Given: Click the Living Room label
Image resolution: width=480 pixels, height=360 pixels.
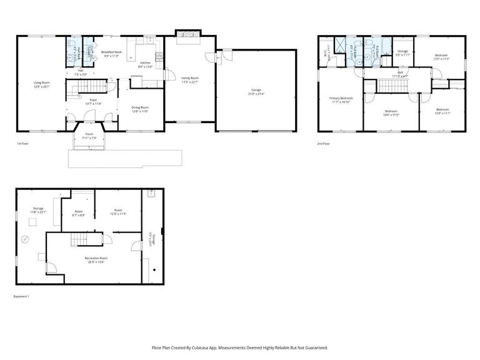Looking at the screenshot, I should point(42,84).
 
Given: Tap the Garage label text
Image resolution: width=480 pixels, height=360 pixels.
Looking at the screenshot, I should point(257,92).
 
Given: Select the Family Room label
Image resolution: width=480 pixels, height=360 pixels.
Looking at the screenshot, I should point(189,79).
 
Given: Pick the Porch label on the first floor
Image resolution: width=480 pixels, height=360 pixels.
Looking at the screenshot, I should point(89,136).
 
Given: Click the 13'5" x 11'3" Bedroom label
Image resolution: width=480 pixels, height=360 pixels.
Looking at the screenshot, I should point(441,57).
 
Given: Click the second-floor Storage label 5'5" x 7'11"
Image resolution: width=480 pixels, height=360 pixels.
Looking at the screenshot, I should point(403,52).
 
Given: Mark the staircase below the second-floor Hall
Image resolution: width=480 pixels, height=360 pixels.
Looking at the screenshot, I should point(395,86).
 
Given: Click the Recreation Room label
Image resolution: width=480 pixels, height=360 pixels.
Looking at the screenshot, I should point(96,259).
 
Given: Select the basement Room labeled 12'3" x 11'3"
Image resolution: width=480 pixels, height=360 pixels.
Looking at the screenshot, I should point(118,212).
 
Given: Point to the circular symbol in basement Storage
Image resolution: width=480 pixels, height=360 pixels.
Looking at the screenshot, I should point(26,238).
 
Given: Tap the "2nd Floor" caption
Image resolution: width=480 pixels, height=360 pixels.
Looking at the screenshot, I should point(324,143).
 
